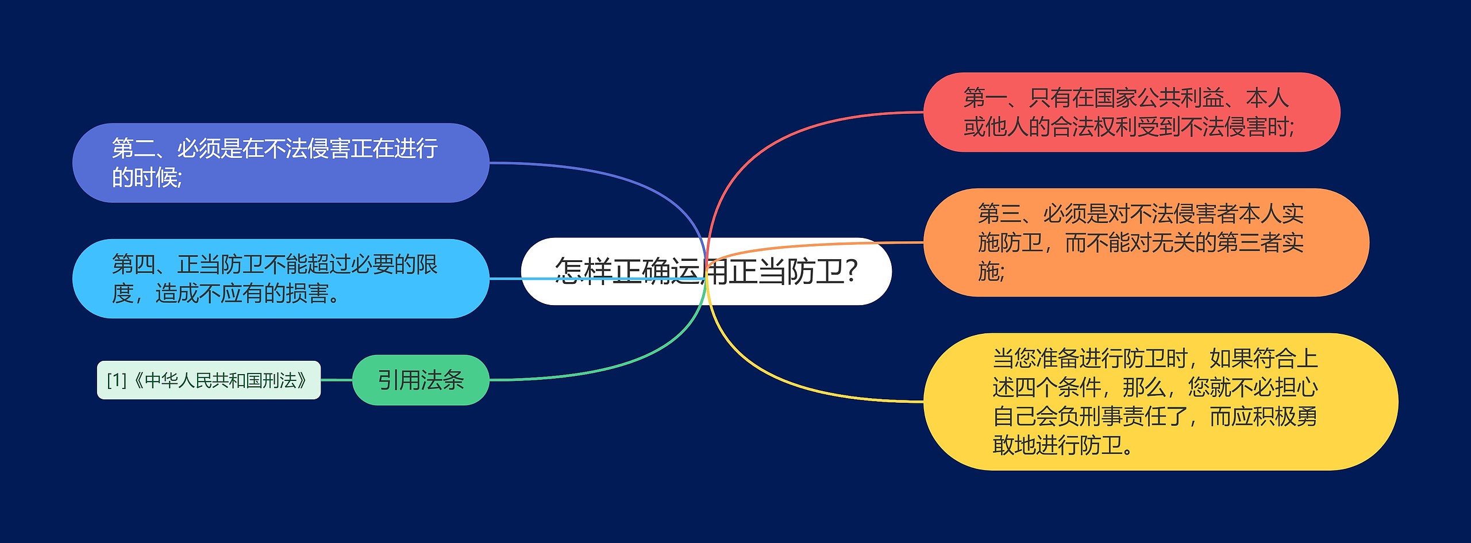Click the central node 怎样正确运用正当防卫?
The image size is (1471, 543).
(x=706, y=271)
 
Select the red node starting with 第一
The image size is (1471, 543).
(x=1131, y=113)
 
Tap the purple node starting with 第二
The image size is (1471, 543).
(x=280, y=163)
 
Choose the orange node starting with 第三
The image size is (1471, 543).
(x=1146, y=242)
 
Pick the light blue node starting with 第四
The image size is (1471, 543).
(x=280, y=279)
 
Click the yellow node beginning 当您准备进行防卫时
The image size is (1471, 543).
(x=1160, y=402)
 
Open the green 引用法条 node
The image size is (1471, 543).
(x=421, y=380)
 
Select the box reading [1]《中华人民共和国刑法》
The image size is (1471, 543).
(x=209, y=380)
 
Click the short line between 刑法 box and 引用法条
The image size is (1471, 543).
(x=336, y=380)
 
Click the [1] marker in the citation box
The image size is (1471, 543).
(x=117, y=380)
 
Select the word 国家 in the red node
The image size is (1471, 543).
(x=1115, y=98)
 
